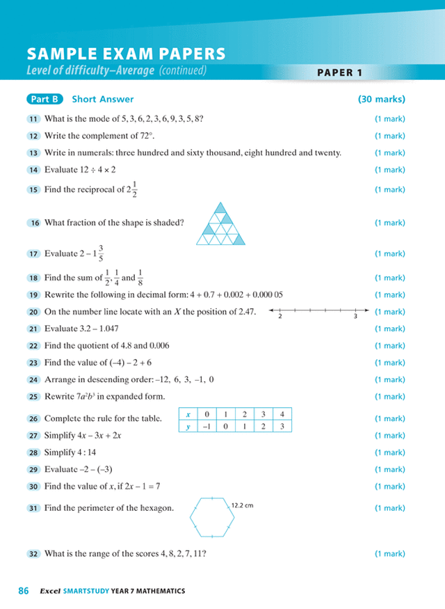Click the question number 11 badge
coord(33,119)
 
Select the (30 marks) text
coord(382,100)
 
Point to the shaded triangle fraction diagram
coord(220,224)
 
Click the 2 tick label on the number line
coord(280,317)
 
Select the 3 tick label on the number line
coord(355,317)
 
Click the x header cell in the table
coord(188,415)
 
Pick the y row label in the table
coord(188,426)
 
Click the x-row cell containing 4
coord(281,415)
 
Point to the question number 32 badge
coord(33,554)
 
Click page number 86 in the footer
coord(23,591)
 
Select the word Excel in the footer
coord(49,591)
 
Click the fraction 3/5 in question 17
coord(102,253)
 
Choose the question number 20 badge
coord(33,312)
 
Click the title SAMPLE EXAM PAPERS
coord(125,54)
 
